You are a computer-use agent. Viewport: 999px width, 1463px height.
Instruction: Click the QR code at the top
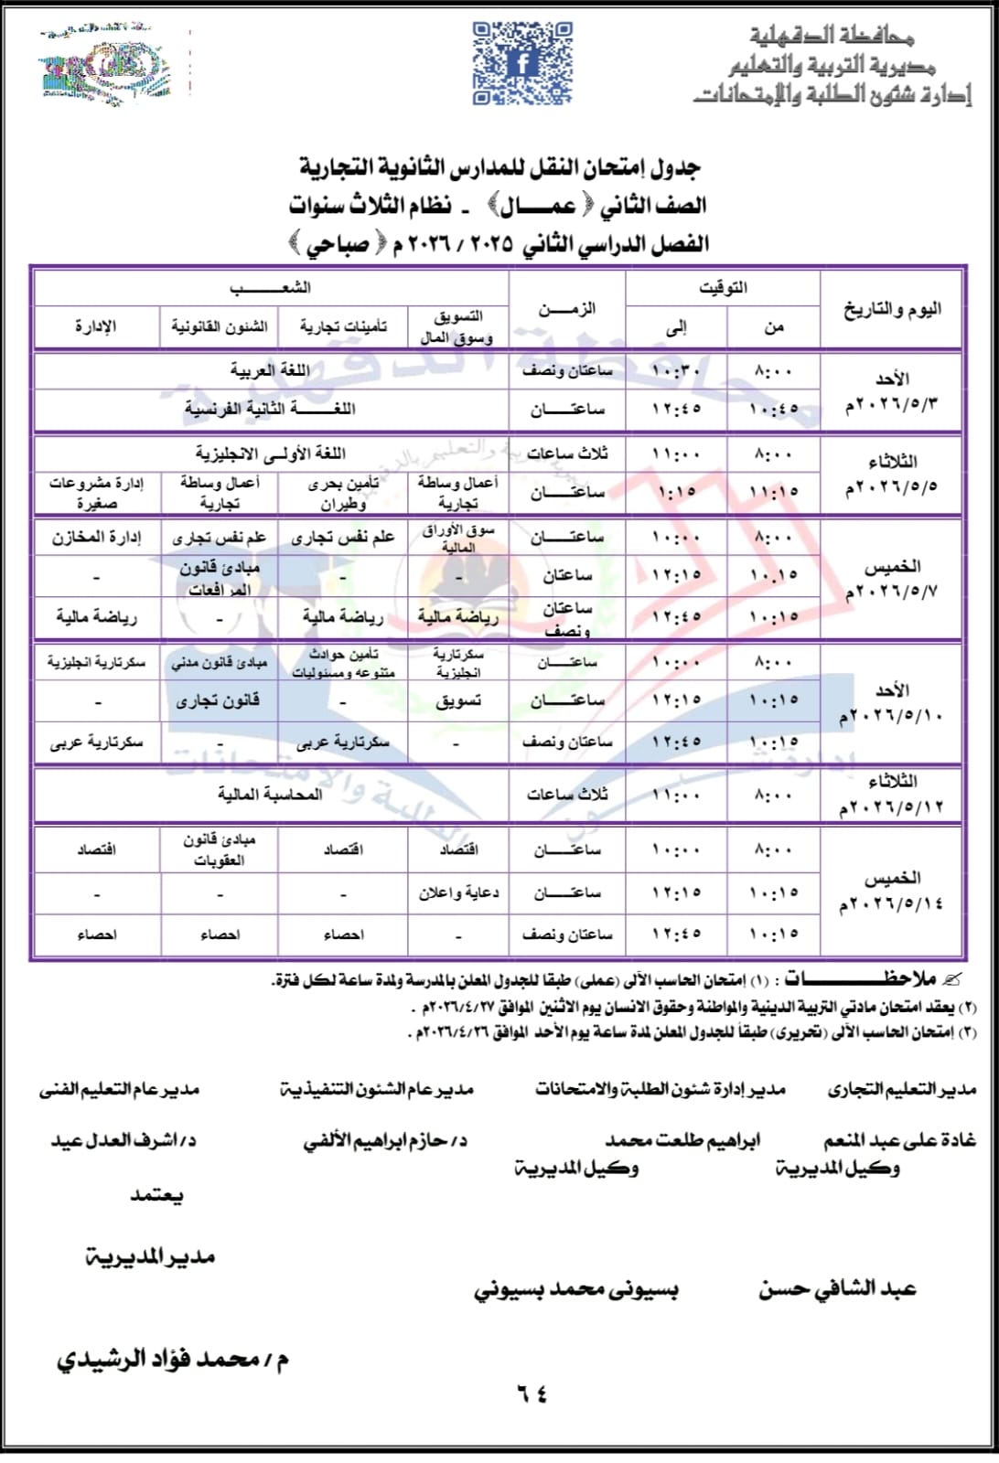522,64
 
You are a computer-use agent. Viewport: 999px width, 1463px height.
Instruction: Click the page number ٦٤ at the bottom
532,1394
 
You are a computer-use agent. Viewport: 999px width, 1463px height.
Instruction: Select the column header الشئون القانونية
220,326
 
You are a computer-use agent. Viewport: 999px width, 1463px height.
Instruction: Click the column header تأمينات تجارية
343,326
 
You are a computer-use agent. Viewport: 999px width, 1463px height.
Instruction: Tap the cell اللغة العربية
270,370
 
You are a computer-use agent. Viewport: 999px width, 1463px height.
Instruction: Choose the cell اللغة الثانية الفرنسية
270,409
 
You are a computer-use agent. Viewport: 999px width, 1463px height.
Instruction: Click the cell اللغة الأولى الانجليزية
270,453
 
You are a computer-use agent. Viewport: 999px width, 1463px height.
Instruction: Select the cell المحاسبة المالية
270,794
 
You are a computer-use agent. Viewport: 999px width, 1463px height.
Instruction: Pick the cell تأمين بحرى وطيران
343,492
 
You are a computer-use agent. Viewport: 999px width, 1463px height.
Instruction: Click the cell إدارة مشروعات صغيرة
96,492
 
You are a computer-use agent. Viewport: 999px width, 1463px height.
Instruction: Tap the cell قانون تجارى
219,700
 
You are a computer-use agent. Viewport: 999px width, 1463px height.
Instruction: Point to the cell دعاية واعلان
458,892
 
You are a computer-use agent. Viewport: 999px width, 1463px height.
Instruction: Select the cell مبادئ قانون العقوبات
220,849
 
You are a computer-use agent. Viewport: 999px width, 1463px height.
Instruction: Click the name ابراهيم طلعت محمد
682,1140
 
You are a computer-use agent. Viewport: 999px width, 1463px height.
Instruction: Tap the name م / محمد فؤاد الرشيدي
173,1360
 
